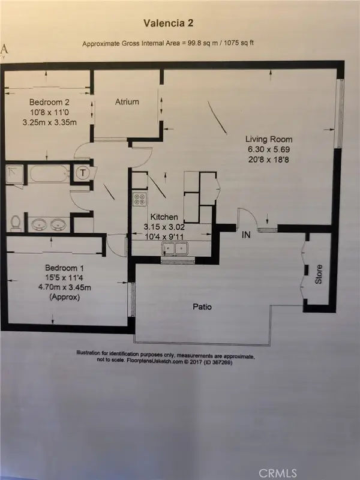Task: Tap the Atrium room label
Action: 127,102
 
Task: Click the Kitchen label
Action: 163,217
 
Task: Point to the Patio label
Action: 202,307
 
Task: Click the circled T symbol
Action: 82,173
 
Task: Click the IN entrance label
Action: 246,235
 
